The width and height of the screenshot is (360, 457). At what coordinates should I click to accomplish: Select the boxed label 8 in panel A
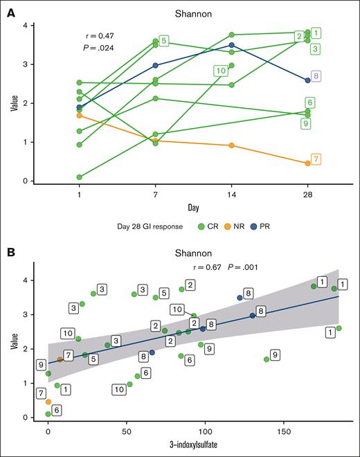coord(316,76)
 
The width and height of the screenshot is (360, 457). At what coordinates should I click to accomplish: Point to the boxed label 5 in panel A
coord(163,42)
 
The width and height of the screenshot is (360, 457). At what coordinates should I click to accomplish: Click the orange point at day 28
coord(307,163)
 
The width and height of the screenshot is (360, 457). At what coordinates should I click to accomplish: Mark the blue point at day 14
coord(231,45)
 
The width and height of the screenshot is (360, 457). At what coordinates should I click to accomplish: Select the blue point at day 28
coord(307,80)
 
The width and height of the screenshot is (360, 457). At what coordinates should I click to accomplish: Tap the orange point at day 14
coord(231,145)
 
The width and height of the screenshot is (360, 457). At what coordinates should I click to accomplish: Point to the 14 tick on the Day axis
coord(231,196)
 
